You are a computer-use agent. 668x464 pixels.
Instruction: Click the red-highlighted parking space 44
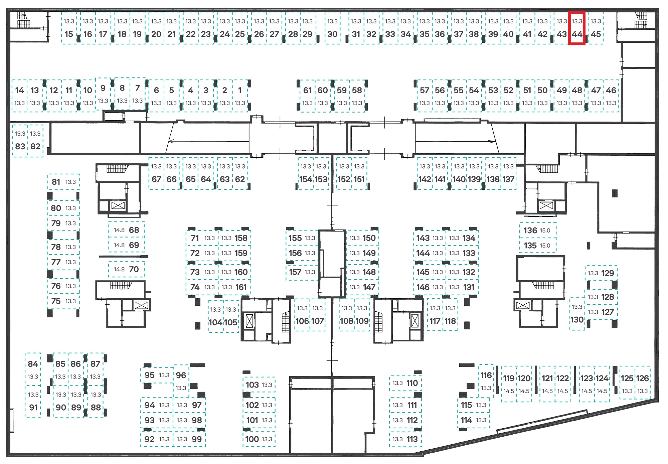577,28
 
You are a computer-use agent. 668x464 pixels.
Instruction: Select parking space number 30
332,28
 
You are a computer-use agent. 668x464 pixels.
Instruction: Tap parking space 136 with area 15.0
538,230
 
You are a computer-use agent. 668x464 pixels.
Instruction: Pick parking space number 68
127,230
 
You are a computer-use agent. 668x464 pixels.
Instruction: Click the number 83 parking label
20,146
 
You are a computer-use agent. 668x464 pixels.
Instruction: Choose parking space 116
486,381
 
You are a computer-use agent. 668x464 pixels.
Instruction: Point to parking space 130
577,314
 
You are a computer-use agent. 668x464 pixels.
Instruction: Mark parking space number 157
302,272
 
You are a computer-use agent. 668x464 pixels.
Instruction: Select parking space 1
240,96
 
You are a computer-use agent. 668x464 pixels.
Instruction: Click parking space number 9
103,94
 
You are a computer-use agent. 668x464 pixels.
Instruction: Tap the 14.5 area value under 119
509,391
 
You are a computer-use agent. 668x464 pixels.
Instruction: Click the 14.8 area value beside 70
119,269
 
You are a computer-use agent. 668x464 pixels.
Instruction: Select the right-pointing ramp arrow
455,141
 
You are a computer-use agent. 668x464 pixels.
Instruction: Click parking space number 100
259,439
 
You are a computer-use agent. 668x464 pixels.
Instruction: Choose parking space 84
33,369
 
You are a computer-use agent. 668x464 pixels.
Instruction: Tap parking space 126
642,383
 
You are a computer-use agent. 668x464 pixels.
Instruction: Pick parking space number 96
181,381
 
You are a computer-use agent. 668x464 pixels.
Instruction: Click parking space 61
307,96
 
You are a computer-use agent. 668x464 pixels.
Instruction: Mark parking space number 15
69,28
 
